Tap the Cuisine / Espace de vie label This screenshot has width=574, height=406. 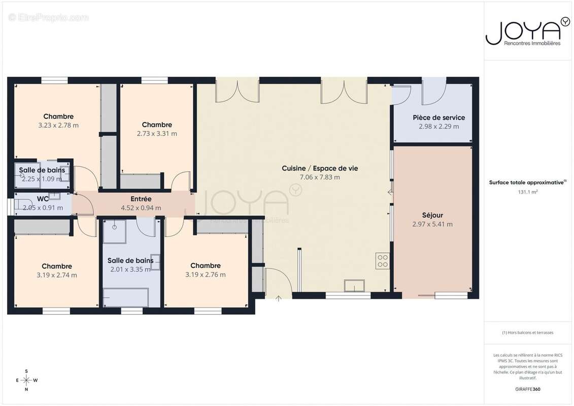[x=320, y=168]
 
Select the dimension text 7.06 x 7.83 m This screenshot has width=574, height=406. [x=320, y=177]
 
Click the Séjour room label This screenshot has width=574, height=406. [x=432, y=215]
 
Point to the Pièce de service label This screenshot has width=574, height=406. [x=438, y=118]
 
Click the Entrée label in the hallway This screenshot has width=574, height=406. [x=141, y=199]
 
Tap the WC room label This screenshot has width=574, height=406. [x=43, y=199]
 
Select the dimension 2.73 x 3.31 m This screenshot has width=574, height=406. [x=157, y=133]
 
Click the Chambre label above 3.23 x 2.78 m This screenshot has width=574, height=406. [x=58, y=116]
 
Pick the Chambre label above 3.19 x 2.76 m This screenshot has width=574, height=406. [x=206, y=266]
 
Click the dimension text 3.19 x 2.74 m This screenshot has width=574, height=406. [x=57, y=275]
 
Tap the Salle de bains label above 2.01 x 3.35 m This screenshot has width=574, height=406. [x=130, y=261]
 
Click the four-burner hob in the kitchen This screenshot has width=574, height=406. [x=383, y=261]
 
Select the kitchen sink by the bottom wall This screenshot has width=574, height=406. [x=354, y=286]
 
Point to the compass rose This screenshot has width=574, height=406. [x=26, y=380]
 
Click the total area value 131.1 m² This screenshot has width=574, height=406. [x=527, y=192]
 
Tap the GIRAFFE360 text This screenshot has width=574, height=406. [x=527, y=389]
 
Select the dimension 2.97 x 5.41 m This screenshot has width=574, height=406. [x=432, y=224]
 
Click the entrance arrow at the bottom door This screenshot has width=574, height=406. [x=278, y=298]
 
